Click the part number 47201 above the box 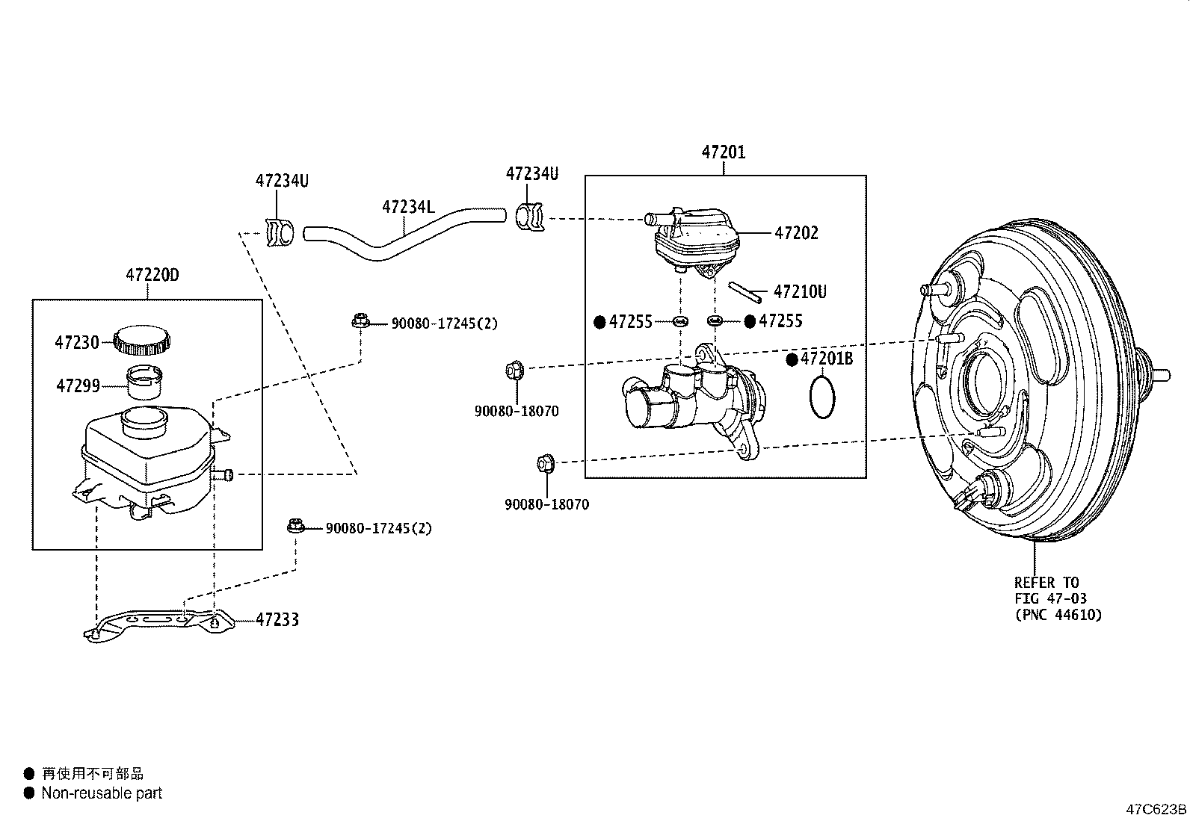point(723,152)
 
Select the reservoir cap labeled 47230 point(142,341)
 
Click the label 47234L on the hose point(407,206)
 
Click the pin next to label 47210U point(745,291)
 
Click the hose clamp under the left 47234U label point(280,233)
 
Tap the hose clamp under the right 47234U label point(530,217)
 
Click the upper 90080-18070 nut point(514,371)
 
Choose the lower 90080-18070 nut point(545,464)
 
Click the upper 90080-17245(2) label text point(444,323)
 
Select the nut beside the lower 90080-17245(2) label point(295,527)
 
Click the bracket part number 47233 point(277,619)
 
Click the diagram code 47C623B point(1156,809)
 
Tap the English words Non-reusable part point(102,793)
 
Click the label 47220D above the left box point(152,275)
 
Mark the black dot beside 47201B point(792,359)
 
